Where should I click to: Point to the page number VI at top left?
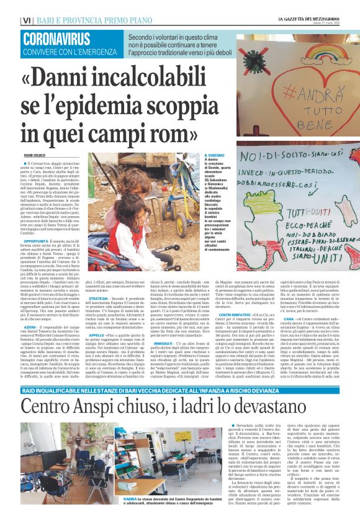(x=27, y=20)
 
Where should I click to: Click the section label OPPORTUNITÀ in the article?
(x=37, y=240)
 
